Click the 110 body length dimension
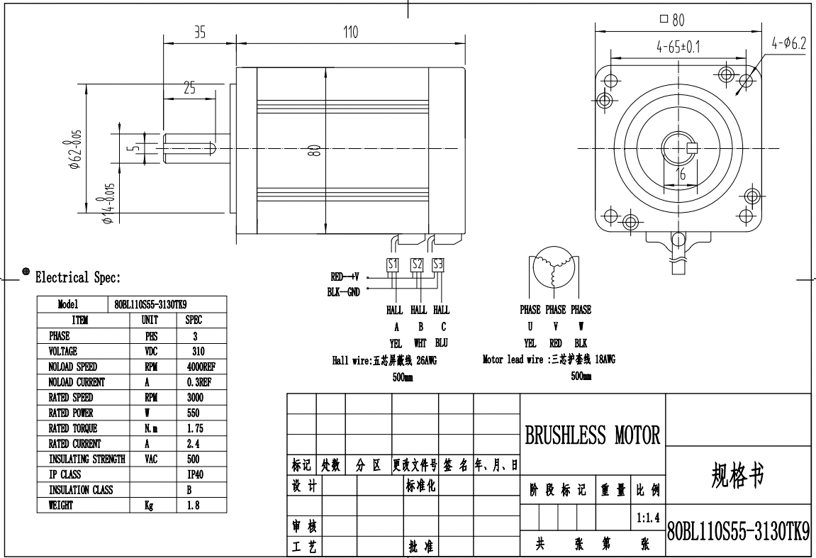click(x=351, y=33)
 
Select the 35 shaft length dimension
click(x=200, y=33)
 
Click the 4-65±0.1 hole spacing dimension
click(x=678, y=47)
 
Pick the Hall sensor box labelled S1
click(x=392, y=264)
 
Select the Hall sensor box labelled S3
click(x=438, y=264)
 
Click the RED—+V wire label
click(x=345, y=277)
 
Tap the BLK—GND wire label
click(x=343, y=292)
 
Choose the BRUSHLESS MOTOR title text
click(x=592, y=435)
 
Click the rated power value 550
click(x=193, y=413)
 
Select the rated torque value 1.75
click(x=195, y=428)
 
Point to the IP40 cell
click(x=195, y=475)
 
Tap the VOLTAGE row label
click(x=63, y=352)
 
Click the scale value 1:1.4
click(x=649, y=518)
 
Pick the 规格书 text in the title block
click(x=737, y=475)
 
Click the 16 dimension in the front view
click(x=681, y=174)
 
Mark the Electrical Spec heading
click(x=77, y=277)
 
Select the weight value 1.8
click(x=193, y=506)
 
